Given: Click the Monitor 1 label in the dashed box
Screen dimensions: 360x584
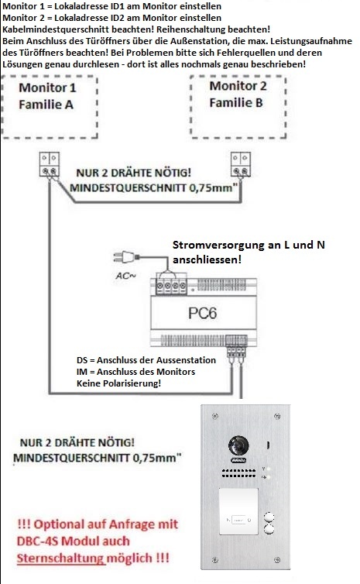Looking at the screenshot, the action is coord(47,88).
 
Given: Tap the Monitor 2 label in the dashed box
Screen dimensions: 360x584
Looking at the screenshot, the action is coord(238,86).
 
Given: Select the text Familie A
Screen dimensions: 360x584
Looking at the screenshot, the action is coord(46,105).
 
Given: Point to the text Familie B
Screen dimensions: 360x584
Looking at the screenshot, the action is coord(236,103).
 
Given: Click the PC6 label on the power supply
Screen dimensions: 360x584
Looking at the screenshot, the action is coord(202,313).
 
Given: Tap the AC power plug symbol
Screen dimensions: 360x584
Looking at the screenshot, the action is coord(126,257).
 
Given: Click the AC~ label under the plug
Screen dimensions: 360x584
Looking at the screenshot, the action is coord(126,276).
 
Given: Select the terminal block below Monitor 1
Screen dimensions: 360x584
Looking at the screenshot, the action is coord(50,164).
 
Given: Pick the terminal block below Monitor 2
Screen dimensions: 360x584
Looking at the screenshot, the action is coord(241,164).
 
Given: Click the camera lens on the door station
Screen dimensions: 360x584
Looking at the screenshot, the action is coord(238,445).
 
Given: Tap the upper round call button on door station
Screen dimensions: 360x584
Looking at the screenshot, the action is coord(269,517).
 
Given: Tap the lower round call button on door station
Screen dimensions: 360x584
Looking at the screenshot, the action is coord(269,529).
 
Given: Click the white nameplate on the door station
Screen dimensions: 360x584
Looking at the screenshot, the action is coord(238,511).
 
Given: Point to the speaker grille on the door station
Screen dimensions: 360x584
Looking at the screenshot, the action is coord(238,473).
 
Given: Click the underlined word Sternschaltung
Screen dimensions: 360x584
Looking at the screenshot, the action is coord(60,558).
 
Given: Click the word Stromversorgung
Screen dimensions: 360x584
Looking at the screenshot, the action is coord(218,245).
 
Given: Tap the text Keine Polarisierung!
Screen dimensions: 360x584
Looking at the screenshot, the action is coord(118,383).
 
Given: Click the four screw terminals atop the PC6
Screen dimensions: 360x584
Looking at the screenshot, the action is coord(171,286).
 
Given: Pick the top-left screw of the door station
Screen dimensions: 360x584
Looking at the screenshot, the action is coord(214,416).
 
